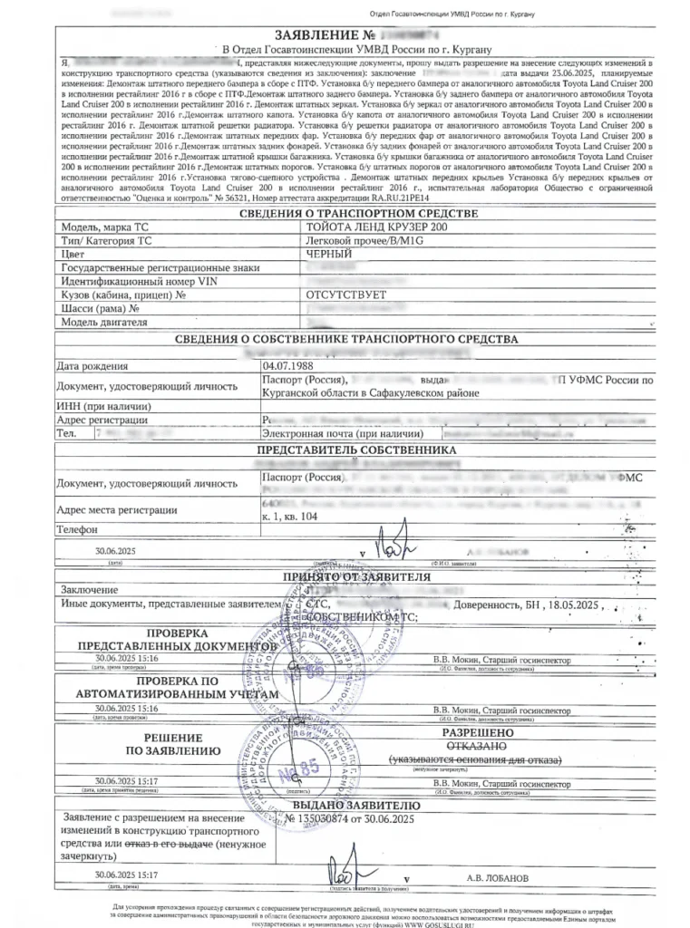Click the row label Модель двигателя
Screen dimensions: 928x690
pos(104,322)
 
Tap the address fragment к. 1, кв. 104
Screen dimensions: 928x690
pos(295,515)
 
